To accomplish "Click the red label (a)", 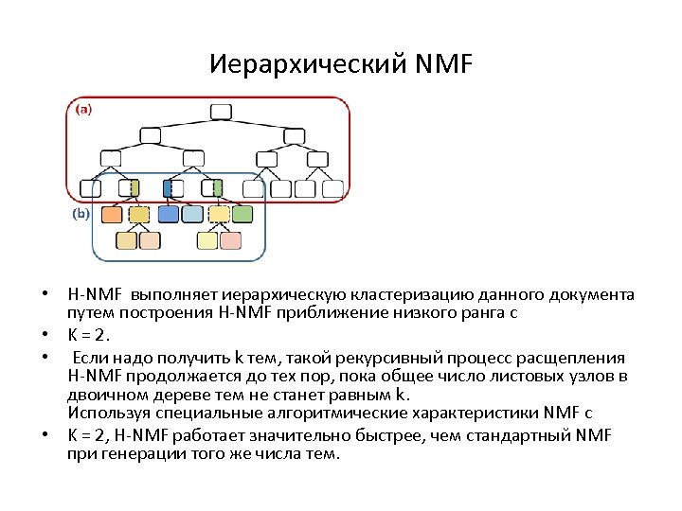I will (x=83, y=109).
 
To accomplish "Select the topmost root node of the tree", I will (x=220, y=112).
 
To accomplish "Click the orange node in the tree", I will (x=111, y=215).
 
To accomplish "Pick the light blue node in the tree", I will (x=192, y=215).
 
